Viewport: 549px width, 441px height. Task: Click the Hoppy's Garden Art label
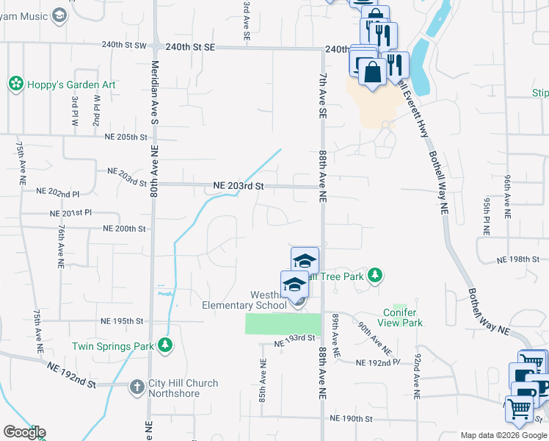(x=71, y=85)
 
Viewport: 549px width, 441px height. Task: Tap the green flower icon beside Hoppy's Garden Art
(x=15, y=85)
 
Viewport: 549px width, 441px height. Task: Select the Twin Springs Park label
(x=112, y=345)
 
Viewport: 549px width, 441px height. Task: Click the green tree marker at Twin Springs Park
(x=166, y=345)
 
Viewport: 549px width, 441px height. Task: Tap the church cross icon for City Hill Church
(x=137, y=386)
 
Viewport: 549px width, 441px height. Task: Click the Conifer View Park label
(x=402, y=318)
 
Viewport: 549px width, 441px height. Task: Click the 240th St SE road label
(x=189, y=46)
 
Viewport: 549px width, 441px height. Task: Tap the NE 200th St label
(x=124, y=229)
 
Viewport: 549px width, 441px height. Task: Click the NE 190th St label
(x=352, y=419)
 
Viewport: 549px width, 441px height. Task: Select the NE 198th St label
(x=518, y=260)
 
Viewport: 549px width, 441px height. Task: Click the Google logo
(x=24, y=432)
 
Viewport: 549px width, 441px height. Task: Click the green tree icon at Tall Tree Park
(x=375, y=276)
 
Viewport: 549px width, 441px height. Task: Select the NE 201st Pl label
(x=71, y=212)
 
